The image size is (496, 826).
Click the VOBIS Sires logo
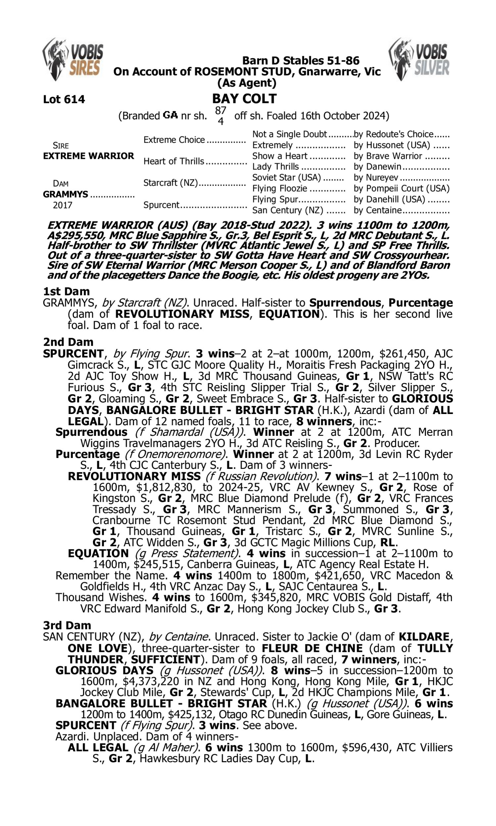73,59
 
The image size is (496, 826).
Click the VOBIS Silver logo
419,59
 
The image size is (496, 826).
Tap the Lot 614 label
64,99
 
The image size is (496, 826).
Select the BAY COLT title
244,98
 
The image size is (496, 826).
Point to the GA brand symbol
170,116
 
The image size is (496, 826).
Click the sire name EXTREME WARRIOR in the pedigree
88,156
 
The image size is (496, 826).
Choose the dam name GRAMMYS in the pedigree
65,194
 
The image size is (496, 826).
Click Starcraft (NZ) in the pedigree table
170,183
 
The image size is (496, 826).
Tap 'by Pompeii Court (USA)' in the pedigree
401,188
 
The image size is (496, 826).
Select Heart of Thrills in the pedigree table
174,161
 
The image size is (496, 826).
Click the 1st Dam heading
66,291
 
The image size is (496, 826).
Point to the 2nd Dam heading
68,342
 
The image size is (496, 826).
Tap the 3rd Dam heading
67,625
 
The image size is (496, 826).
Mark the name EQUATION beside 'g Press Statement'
98,553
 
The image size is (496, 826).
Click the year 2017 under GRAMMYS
62,205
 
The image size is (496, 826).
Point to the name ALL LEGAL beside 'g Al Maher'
98,747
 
